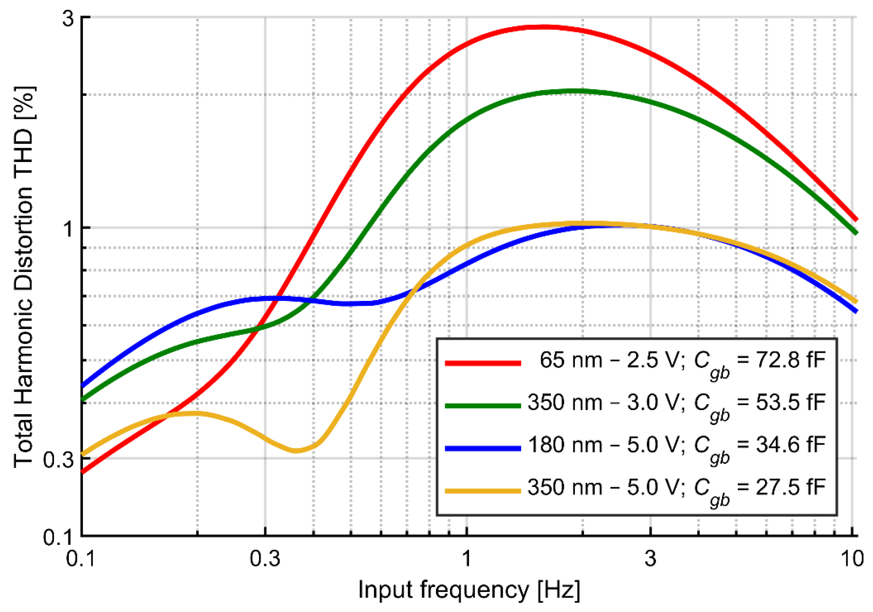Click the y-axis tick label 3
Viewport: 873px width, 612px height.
click(68, 18)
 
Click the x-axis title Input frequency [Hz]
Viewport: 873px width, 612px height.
click(469, 590)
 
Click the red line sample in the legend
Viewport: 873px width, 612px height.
click(483, 363)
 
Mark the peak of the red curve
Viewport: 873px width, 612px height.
click(544, 27)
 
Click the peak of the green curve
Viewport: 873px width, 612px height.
click(576, 91)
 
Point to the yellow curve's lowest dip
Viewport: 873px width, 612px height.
click(296, 451)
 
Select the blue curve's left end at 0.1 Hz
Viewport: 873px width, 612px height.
click(83, 385)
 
